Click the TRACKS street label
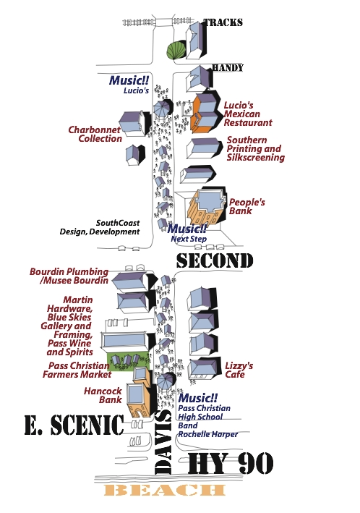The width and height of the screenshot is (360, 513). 223,22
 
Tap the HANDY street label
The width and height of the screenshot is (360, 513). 228,68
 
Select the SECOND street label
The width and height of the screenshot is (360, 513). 215,260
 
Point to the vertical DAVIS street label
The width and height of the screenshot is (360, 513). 163,441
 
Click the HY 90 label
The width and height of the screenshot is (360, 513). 231,463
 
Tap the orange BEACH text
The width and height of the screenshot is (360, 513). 165,490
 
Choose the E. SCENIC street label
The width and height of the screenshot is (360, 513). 74,425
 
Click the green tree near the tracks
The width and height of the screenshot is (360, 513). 176,50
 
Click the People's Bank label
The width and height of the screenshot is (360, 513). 247,206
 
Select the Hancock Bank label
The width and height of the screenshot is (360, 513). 103,395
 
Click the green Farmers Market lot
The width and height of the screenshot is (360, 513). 128,362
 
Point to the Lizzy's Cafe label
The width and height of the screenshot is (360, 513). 239,370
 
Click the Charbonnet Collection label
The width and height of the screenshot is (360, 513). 95,134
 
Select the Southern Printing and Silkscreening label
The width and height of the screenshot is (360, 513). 256,149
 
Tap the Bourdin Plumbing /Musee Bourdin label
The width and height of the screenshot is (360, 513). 69,276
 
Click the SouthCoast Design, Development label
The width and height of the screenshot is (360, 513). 100,227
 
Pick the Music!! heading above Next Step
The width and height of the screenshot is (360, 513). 187,229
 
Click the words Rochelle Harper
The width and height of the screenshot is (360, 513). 208,434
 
